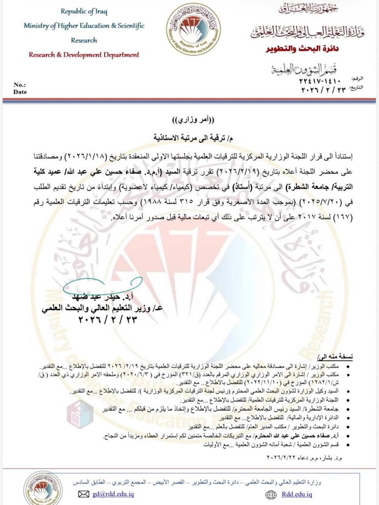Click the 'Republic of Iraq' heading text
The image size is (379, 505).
(84, 11)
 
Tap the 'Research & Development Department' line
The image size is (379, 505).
(84, 55)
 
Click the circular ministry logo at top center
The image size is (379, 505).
(193, 32)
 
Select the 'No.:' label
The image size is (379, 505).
(19, 85)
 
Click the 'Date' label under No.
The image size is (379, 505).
(20, 92)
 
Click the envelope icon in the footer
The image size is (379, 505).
(83, 494)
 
